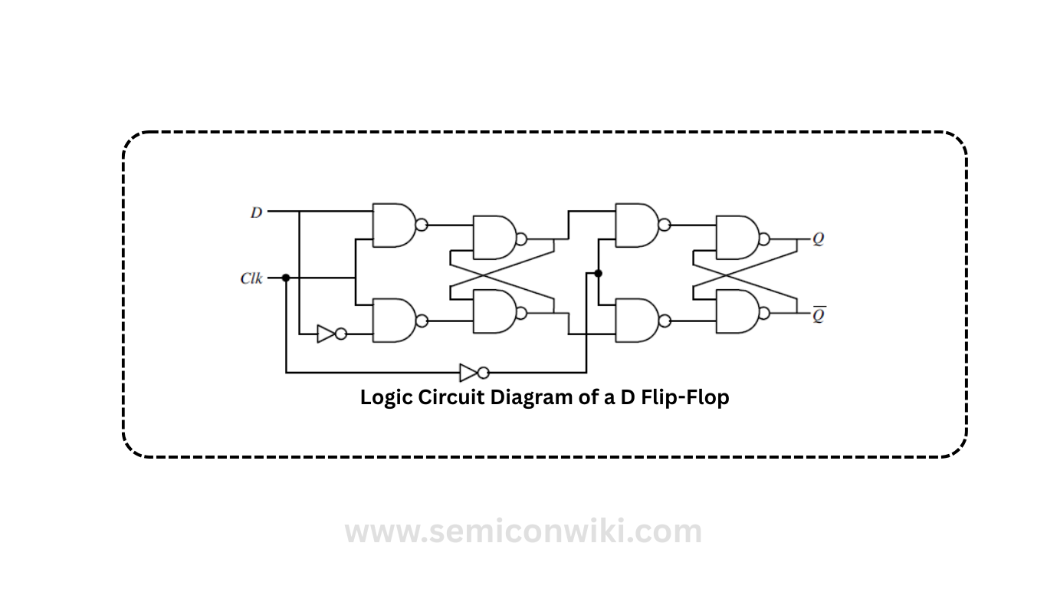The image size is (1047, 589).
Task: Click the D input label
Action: tap(256, 212)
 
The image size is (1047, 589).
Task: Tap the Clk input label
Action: tap(251, 278)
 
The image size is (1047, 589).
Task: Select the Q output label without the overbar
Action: tap(819, 239)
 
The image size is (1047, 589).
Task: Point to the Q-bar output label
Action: tap(819, 314)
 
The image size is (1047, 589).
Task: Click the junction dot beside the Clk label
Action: tap(286, 278)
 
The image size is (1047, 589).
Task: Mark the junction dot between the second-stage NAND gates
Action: tap(598, 273)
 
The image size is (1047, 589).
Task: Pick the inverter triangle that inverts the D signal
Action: tap(327, 334)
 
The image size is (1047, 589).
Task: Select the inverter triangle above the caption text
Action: tap(468, 373)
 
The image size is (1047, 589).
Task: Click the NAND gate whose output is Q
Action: tap(736, 238)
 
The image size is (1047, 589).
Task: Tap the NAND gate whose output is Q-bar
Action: tap(736, 312)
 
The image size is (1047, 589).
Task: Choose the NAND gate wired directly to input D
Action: tap(393, 225)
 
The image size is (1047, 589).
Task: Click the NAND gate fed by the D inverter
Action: tap(393, 320)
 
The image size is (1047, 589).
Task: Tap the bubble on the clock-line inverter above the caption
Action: tap(483, 373)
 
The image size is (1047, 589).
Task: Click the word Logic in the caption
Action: tap(386, 398)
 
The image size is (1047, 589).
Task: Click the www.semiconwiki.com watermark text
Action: tap(523, 531)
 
